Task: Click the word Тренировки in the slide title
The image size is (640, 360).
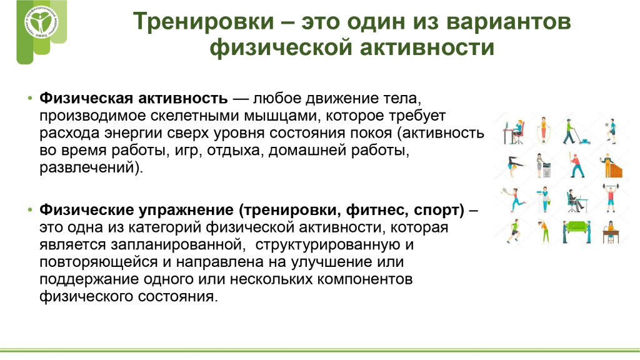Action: click(x=203, y=21)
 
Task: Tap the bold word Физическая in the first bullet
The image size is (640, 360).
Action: click(x=86, y=98)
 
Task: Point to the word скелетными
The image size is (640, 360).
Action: click(x=195, y=116)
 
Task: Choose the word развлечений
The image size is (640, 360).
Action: click(x=87, y=167)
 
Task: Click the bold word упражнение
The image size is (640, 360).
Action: click(x=186, y=211)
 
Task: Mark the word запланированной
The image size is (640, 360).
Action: click(x=177, y=245)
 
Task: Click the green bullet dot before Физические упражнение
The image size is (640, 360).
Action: click(x=30, y=210)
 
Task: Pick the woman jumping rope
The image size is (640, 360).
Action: click(x=543, y=130)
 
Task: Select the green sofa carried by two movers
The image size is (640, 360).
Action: click(x=577, y=226)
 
